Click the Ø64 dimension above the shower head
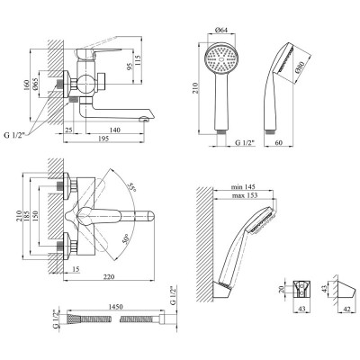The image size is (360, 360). pos(221,30)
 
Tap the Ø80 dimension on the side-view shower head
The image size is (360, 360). pos(300,67)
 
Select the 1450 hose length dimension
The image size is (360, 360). pos(115,307)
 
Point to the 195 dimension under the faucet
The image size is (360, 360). pos(104,139)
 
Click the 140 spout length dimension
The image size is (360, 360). pos(115,130)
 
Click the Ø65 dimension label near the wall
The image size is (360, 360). pos(34,84)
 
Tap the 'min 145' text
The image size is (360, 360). pos(241,187)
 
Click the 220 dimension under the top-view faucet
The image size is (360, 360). pos(109,277)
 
